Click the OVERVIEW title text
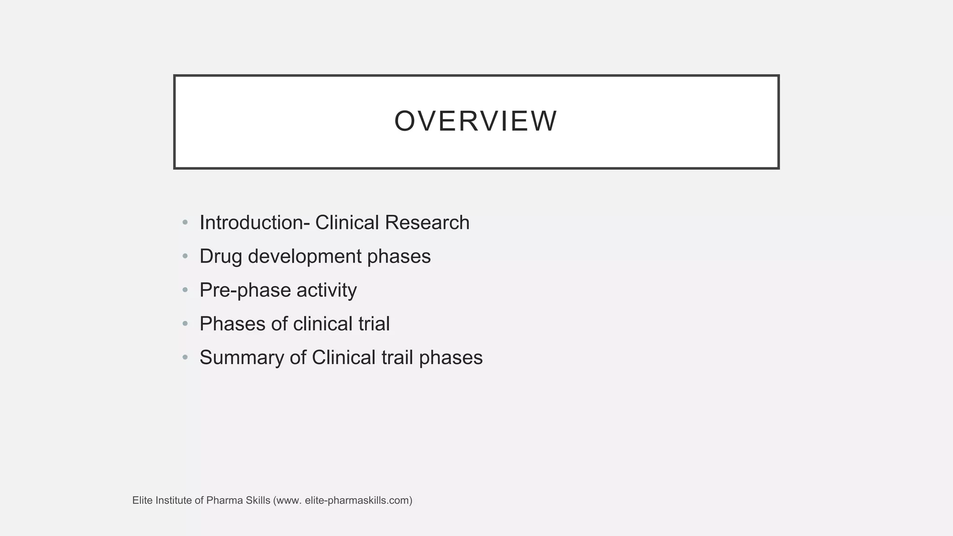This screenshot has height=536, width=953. pyautogui.click(x=476, y=121)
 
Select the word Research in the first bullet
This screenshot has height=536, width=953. pyautogui.click(x=427, y=223)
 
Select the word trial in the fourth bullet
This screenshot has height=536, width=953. pyautogui.click(x=374, y=324)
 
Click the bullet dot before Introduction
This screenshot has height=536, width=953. pyautogui.click(x=185, y=222)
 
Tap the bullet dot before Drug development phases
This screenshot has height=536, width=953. pyautogui.click(x=185, y=256)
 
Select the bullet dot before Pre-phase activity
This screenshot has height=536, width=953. pyautogui.click(x=185, y=290)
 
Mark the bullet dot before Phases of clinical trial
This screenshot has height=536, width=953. pyautogui.click(x=185, y=323)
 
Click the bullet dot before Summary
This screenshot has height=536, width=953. pyautogui.click(x=185, y=357)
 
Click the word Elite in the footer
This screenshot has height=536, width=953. pyautogui.click(x=142, y=501)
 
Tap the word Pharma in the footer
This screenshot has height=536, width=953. pyautogui.click(x=221, y=501)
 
